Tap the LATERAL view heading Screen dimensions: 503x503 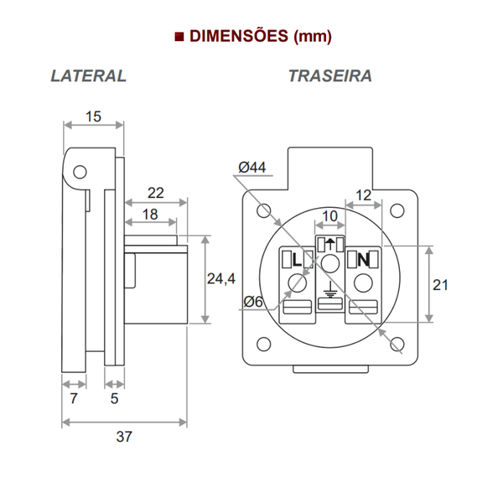[88, 75]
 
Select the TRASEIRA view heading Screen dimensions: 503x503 [330, 75]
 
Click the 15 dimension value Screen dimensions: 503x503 [93, 117]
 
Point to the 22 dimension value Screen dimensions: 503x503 [156, 192]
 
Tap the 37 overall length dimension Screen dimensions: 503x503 [124, 437]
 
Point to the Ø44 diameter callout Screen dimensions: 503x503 [251, 168]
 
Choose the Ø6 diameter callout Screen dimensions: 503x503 [254, 302]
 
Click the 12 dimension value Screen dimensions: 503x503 [364, 194]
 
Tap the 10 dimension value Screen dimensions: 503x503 [329, 216]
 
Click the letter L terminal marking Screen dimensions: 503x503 [296, 260]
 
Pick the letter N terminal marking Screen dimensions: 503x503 [363, 260]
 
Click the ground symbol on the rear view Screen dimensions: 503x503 [329, 293]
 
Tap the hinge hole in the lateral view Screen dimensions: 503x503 [80, 172]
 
